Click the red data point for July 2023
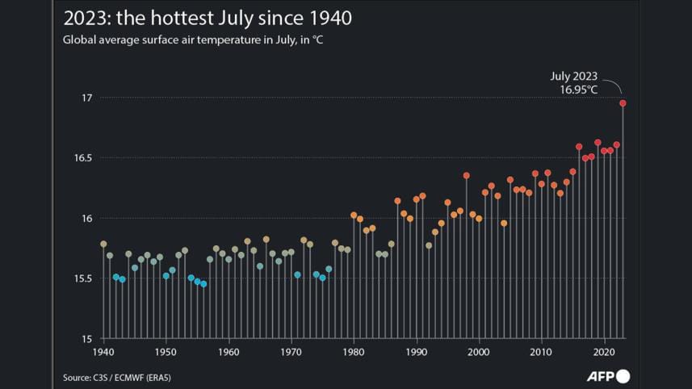coord(623,103)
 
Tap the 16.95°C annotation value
coord(579,89)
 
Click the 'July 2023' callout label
coord(574,76)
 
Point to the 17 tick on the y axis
coord(86,98)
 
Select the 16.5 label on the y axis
coord(83,158)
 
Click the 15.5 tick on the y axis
coord(83,278)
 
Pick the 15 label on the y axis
coord(86,339)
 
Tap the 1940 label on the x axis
coord(103,353)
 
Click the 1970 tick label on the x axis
coord(291,353)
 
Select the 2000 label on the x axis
coord(480,353)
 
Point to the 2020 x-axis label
coord(605,353)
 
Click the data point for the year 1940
coord(103,244)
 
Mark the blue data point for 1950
coord(166,275)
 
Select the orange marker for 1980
coord(354,215)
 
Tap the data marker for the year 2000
coord(479,219)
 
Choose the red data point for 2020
coord(604,151)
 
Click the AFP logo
coord(607,377)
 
